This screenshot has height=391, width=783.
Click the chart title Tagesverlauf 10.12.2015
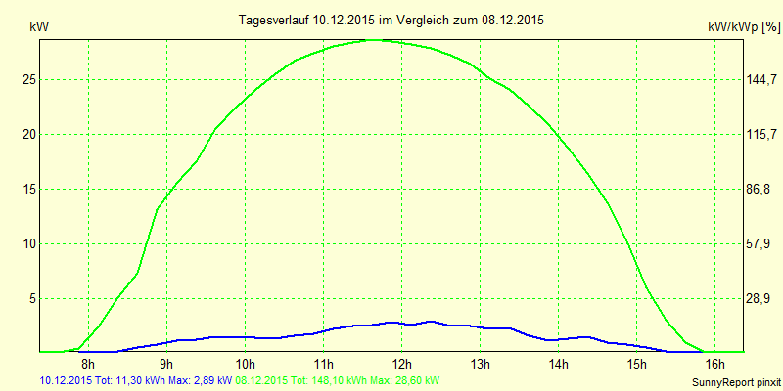[x=391, y=20]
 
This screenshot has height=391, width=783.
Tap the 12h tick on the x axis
[x=401, y=365]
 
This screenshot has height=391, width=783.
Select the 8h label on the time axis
[x=88, y=365]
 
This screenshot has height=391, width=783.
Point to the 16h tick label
[x=714, y=365]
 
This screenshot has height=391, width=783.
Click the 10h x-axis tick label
[x=245, y=365]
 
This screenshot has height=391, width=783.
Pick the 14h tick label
[x=558, y=365]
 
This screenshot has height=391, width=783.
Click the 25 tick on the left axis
[x=29, y=79]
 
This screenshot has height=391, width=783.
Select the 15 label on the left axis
[x=29, y=189]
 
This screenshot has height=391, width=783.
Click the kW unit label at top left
[x=38, y=28]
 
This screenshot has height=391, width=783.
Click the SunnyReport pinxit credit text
[x=734, y=381]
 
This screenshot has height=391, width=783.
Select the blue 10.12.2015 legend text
[x=135, y=380]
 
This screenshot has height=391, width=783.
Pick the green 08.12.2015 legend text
[x=338, y=380]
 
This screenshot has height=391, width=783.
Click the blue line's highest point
[x=431, y=321]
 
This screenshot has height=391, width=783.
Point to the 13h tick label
[x=480, y=365]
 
